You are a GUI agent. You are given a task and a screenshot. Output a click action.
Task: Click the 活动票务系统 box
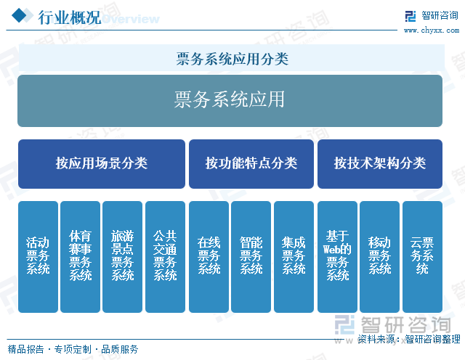click(38, 257)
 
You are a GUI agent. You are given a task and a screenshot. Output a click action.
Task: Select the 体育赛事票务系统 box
click(80, 257)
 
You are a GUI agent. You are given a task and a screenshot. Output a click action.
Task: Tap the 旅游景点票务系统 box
click(123, 257)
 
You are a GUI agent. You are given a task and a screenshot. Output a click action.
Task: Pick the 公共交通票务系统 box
click(165, 257)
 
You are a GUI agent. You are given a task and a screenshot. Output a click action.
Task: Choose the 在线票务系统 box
click(209, 257)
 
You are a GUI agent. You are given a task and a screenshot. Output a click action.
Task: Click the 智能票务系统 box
click(251, 257)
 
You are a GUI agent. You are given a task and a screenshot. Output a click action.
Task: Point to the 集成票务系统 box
click(294, 257)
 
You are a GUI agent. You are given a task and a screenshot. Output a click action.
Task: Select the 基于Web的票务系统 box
click(337, 257)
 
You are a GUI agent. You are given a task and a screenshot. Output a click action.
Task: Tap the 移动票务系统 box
click(379, 257)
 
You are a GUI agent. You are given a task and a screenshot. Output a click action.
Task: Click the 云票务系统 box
click(422, 257)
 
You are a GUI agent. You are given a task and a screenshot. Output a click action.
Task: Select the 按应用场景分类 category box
click(102, 164)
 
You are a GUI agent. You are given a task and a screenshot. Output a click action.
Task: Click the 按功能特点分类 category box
click(251, 164)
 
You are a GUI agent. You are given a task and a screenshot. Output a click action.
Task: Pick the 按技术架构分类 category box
click(380, 164)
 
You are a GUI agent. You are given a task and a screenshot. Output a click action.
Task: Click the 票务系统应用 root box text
click(230, 99)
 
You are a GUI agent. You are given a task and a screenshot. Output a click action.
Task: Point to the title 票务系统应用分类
click(232, 59)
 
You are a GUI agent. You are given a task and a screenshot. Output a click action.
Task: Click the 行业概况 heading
click(70, 17)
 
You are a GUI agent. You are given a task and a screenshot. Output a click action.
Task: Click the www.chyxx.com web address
click(432, 30)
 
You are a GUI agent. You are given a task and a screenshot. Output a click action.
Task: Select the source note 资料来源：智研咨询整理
click(409, 339)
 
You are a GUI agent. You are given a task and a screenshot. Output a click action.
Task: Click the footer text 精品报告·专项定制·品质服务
click(73, 349)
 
